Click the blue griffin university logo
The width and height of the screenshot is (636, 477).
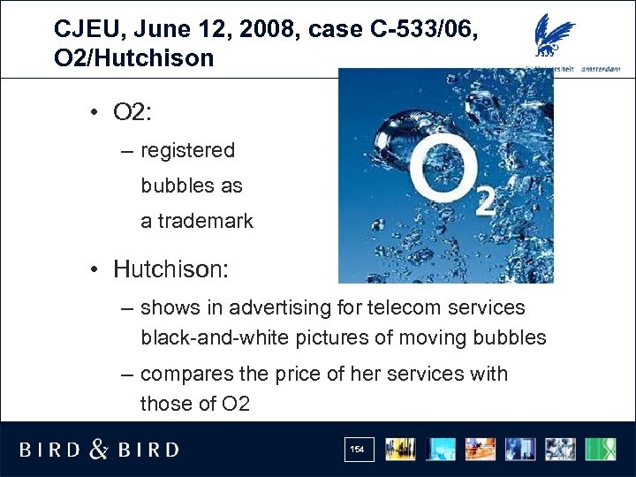point(555,35)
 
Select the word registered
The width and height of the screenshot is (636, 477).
point(188,151)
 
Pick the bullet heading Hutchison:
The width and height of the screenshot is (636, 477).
point(170,269)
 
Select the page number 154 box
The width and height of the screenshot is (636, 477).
point(357,450)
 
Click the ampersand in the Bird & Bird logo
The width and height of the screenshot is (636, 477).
point(99,450)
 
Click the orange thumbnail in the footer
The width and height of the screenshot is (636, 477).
point(481,449)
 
